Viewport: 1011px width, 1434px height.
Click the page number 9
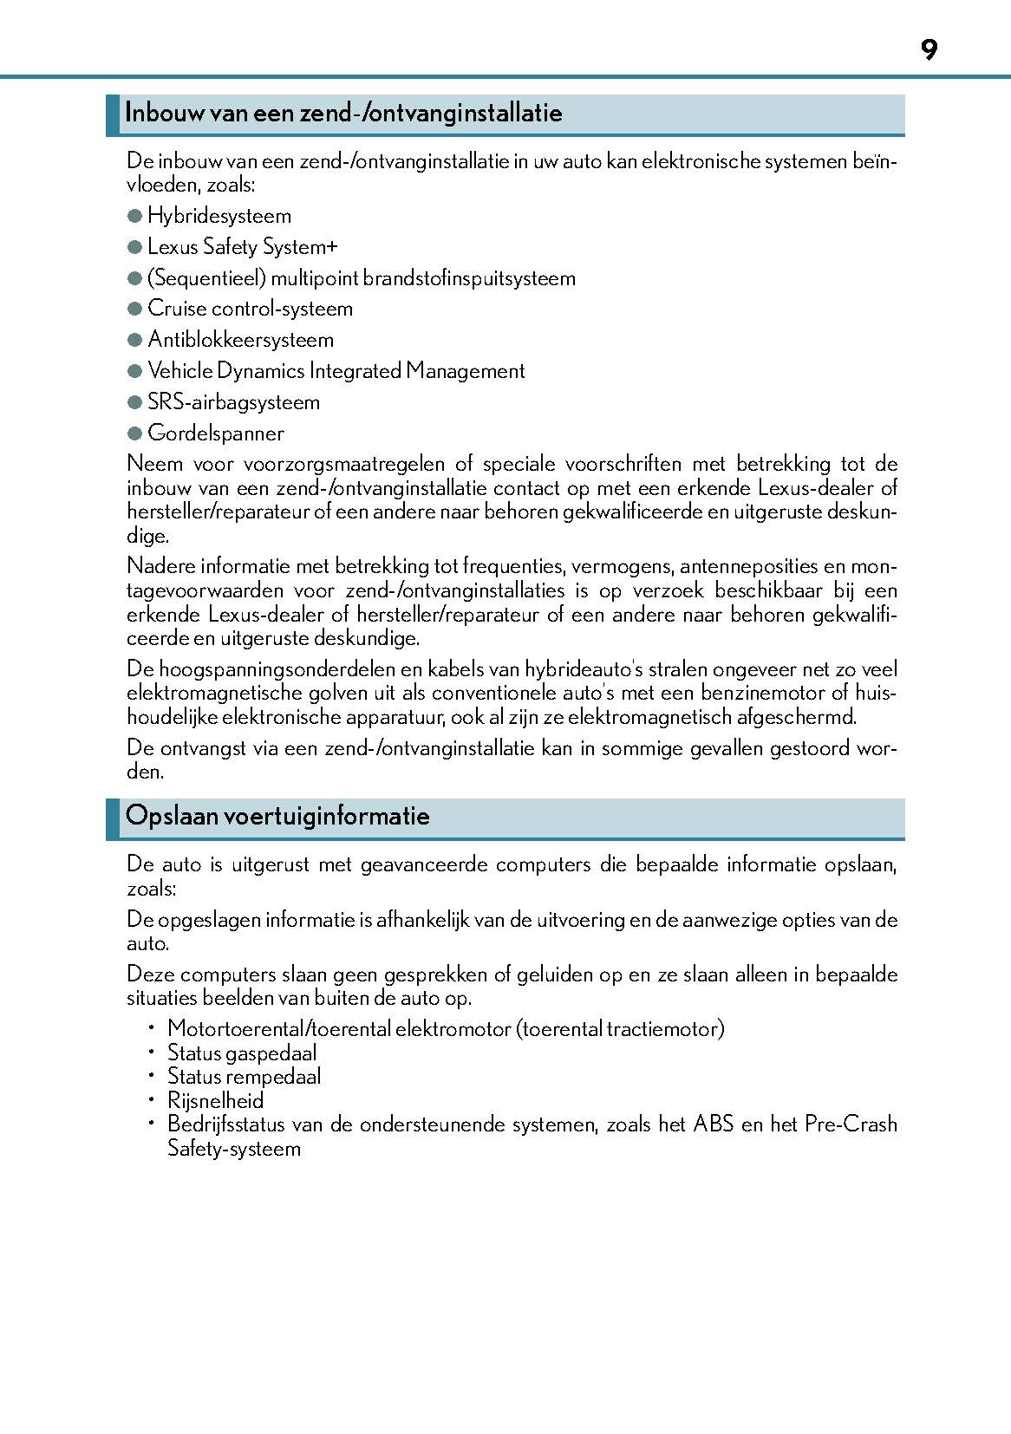point(929,50)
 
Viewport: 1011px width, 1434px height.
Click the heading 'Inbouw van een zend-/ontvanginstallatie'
point(343,113)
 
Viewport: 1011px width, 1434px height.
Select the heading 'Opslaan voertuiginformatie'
point(277,816)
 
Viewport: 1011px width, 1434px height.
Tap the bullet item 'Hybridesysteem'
point(219,216)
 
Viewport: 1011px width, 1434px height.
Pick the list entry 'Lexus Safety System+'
point(243,247)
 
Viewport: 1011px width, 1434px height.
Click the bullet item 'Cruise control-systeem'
point(250,309)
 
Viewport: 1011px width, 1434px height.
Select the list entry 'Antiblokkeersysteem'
point(240,340)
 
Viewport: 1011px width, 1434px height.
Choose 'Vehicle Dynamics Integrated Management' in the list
point(336,371)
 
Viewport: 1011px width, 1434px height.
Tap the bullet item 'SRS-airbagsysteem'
point(233,402)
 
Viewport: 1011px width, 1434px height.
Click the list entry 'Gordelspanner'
point(216,433)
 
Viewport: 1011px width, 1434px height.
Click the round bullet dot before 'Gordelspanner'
point(134,433)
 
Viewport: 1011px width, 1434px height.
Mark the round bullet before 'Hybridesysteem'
point(134,216)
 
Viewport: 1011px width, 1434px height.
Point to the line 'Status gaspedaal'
point(242,1053)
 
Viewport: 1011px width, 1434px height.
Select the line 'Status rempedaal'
point(244,1077)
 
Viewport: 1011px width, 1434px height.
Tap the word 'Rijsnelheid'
point(215,1101)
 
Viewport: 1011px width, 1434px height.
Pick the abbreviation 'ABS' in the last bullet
point(714,1124)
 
